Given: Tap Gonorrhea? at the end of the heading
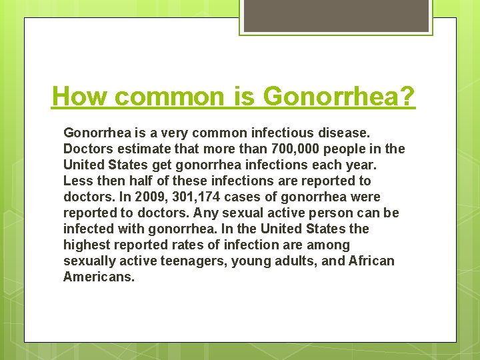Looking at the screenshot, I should pyautogui.click(x=339, y=97).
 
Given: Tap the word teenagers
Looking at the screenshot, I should pyautogui.click(x=193, y=261).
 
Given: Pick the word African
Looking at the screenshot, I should pyautogui.click(x=371, y=261).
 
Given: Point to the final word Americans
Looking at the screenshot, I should pyautogui.click(x=99, y=277).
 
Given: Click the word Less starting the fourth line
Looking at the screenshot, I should pyautogui.click(x=76, y=181).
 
